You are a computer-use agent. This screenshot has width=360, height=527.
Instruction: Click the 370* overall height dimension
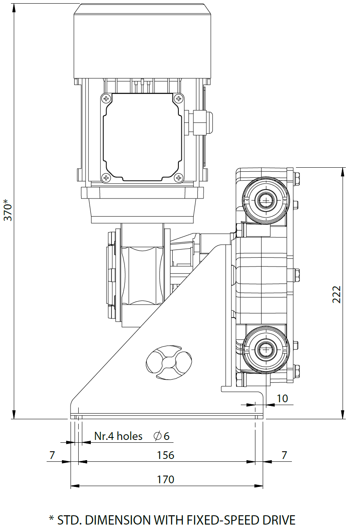(x=9, y=210)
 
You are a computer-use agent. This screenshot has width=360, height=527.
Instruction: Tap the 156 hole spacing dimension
(x=165, y=455)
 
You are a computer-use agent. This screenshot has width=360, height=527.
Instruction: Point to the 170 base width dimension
(x=165, y=480)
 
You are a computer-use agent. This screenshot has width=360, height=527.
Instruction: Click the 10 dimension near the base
(x=282, y=398)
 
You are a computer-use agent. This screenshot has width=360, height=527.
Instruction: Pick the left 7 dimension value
(x=51, y=455)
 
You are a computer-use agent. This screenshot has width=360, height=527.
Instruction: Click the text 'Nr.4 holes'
(x=118, y=436)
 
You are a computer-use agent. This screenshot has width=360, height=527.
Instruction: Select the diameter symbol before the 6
(x=157, y=436)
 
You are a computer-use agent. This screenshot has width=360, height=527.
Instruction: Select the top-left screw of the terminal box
(x=106, y=98)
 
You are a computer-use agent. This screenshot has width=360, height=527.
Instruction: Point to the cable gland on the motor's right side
(x=203, y=122)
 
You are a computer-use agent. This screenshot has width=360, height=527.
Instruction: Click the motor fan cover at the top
(x=143, y=41)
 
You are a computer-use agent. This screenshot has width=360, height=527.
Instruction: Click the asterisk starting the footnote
(x=51, y=519)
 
